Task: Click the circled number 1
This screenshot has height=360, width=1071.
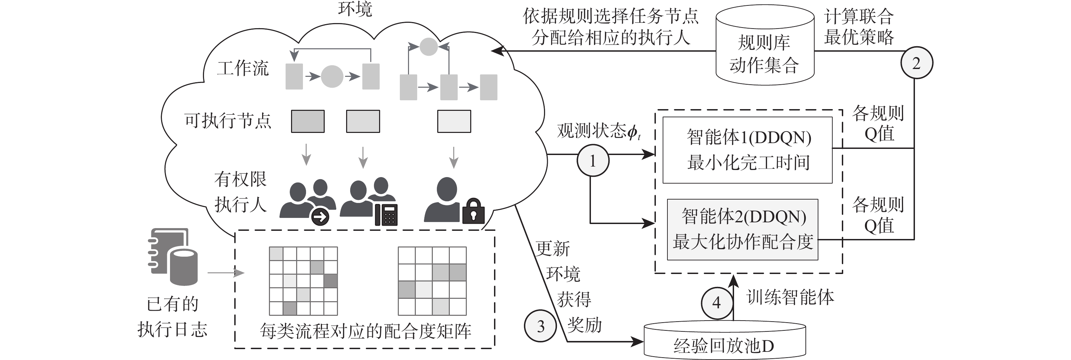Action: point(593,161)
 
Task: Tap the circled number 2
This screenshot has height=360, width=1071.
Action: point(916,63)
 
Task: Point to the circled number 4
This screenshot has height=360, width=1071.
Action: point(717,303)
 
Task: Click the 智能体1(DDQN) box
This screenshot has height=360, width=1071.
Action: point(747,150)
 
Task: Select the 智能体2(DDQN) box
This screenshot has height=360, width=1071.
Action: point(743,229)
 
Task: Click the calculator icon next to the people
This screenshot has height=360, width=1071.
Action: point(386,215)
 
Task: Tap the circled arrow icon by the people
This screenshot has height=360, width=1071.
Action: point(320,217)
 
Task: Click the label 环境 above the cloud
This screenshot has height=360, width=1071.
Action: point(355,9)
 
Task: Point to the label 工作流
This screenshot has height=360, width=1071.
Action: point(243,68)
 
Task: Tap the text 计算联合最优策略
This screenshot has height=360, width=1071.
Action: point(859,27)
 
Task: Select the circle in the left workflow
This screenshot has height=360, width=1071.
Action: point(332,76)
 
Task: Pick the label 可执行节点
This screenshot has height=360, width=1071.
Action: point(228,121)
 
